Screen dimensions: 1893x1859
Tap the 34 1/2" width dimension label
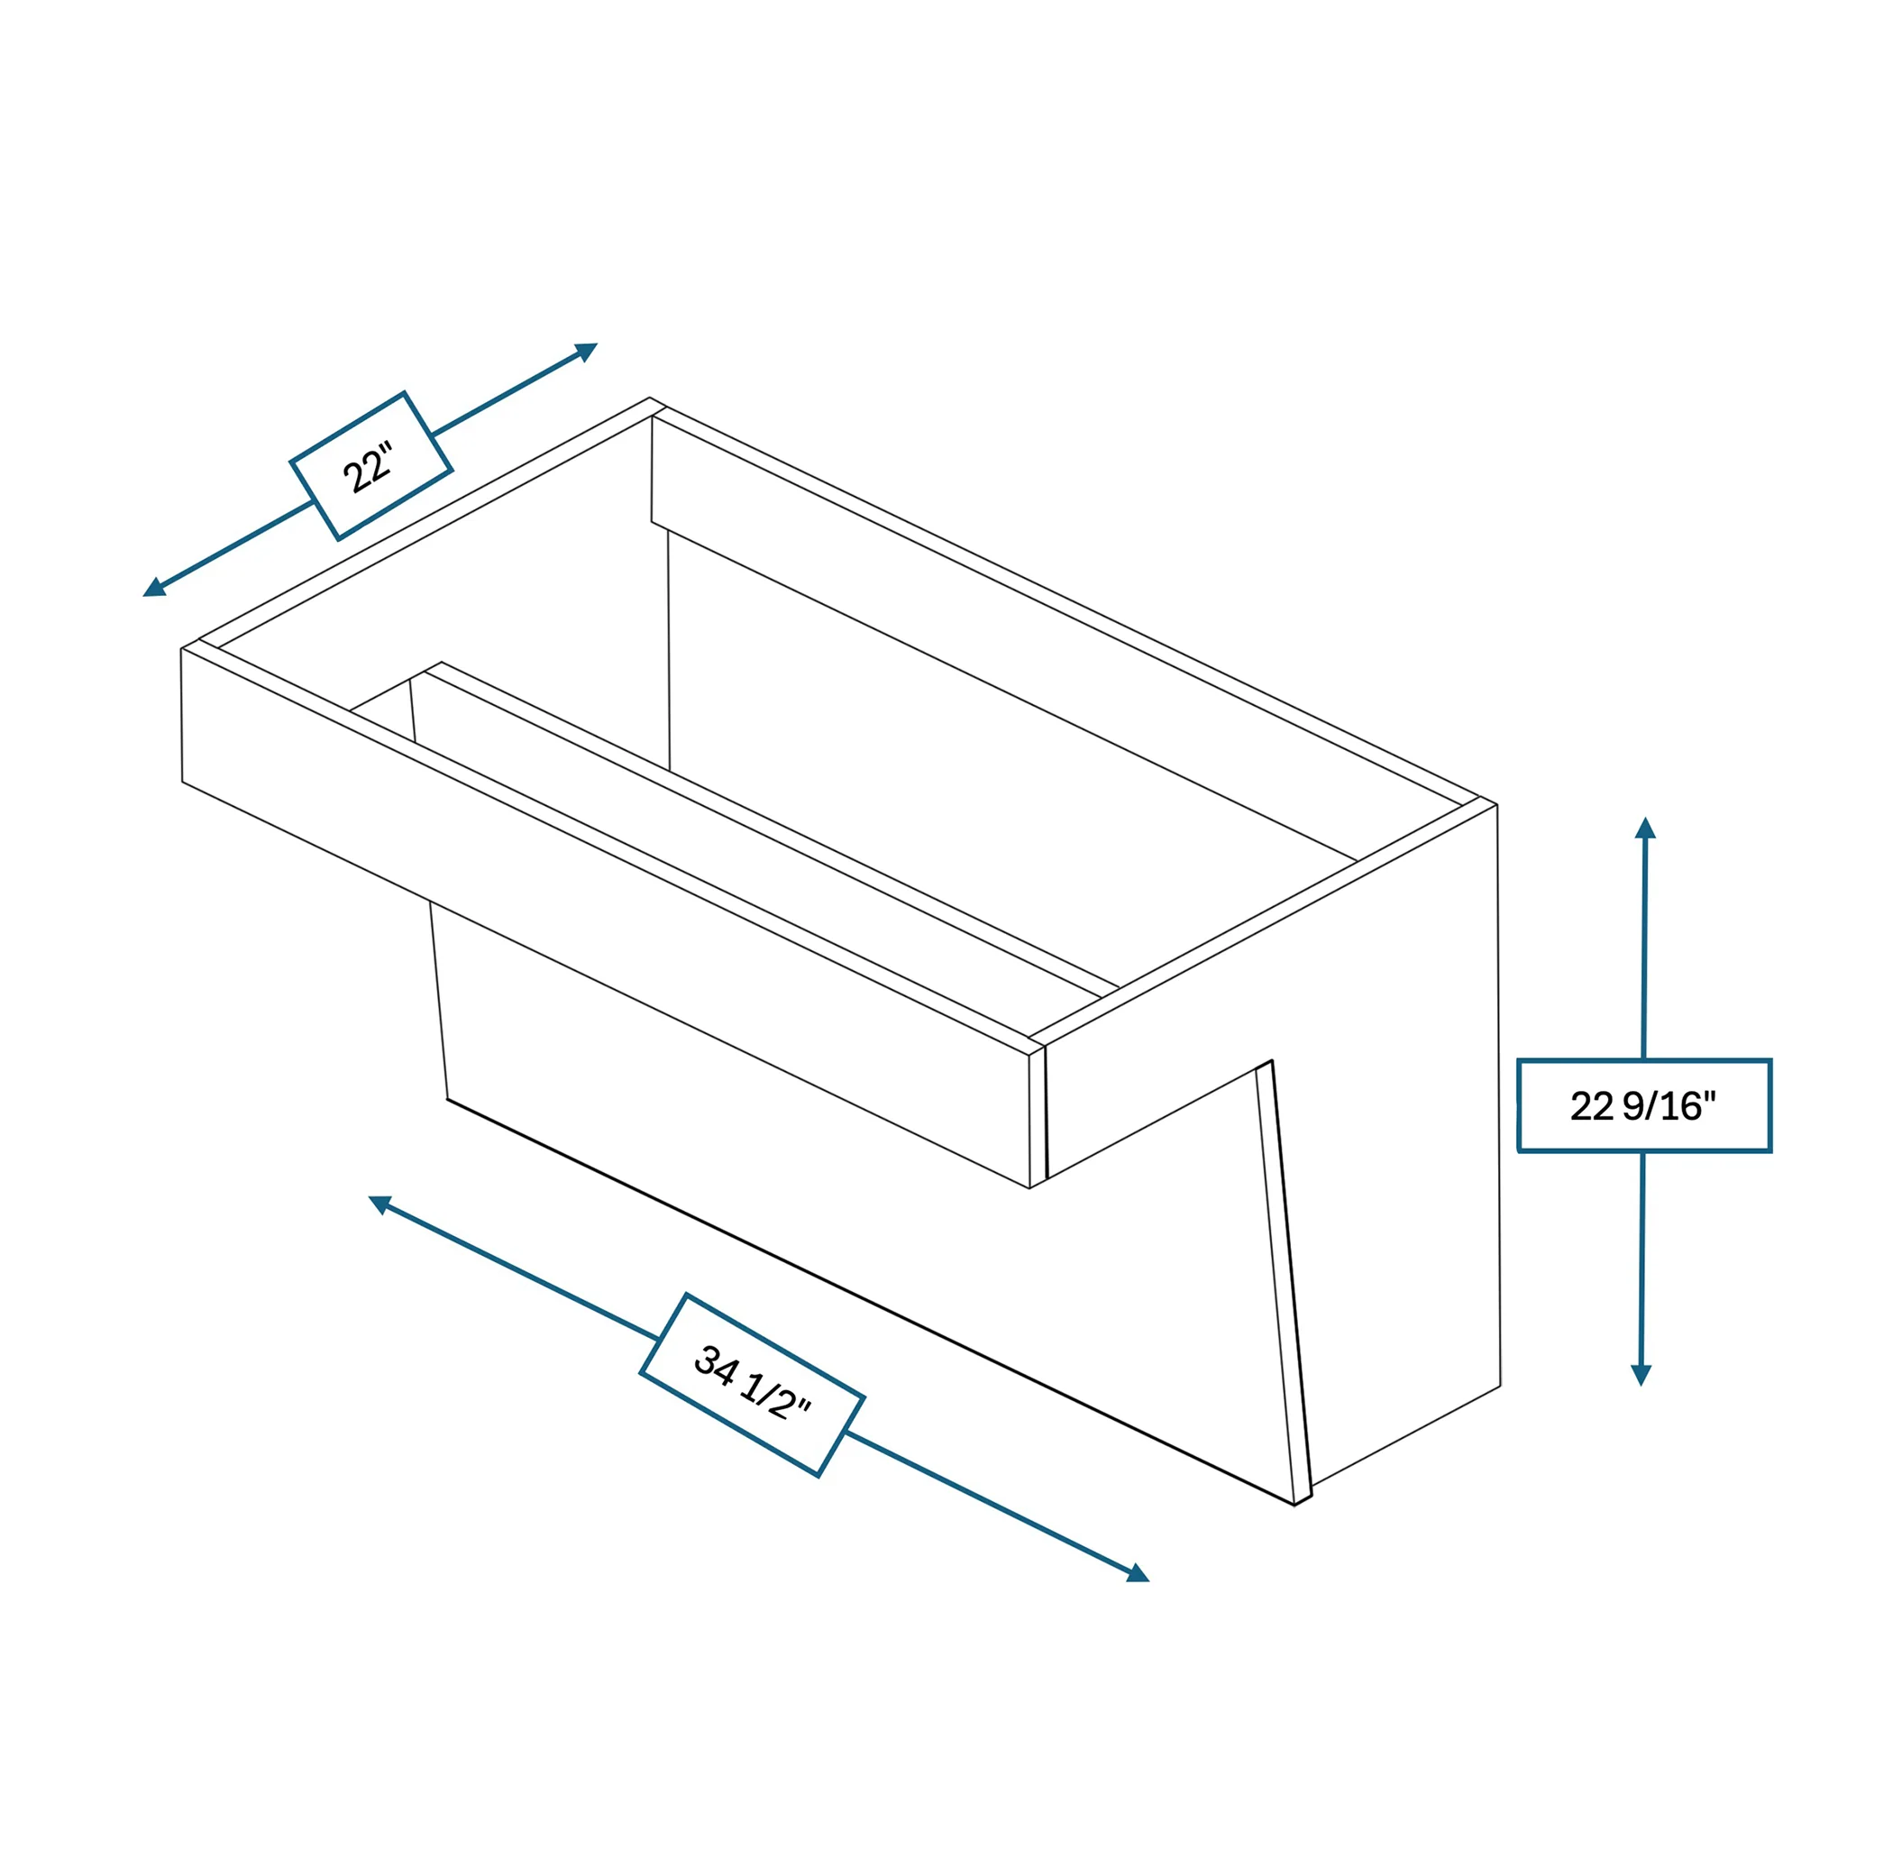752,1385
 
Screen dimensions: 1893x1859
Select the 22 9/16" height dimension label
1644,1105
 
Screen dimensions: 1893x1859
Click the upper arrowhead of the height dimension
1645,827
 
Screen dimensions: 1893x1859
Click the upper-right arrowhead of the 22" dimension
586,351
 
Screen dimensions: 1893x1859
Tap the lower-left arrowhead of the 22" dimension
154,588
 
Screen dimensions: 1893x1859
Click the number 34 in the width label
715,1365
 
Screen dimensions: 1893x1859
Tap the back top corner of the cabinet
649,398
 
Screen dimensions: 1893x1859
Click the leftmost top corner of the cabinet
181,648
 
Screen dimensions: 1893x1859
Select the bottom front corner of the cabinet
1294,1506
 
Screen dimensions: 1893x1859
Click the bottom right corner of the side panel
1501,1386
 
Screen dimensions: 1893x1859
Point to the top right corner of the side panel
1496,805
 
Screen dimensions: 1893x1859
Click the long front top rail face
605,918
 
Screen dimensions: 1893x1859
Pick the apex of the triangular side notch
1271,1060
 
